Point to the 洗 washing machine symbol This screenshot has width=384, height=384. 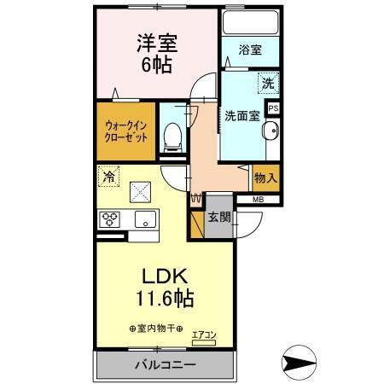pyautogui.click(x=268, y=84)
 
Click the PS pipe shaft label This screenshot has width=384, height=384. pyautogui.click(x=274, y=108)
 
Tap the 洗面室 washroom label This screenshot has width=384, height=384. pyautogui.click(x=241, y=116)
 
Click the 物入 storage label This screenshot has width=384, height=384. pyautogui.click(x=265, y=179)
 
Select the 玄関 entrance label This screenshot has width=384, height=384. pyautogui.click(x=218, y=217)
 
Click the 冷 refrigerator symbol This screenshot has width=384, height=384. pyautogui.click(x=109, y=177)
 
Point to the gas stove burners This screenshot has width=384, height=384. pyautogui.click(x=110, y=218)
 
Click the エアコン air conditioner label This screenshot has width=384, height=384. pyautogui.click(x=204, y=334)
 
